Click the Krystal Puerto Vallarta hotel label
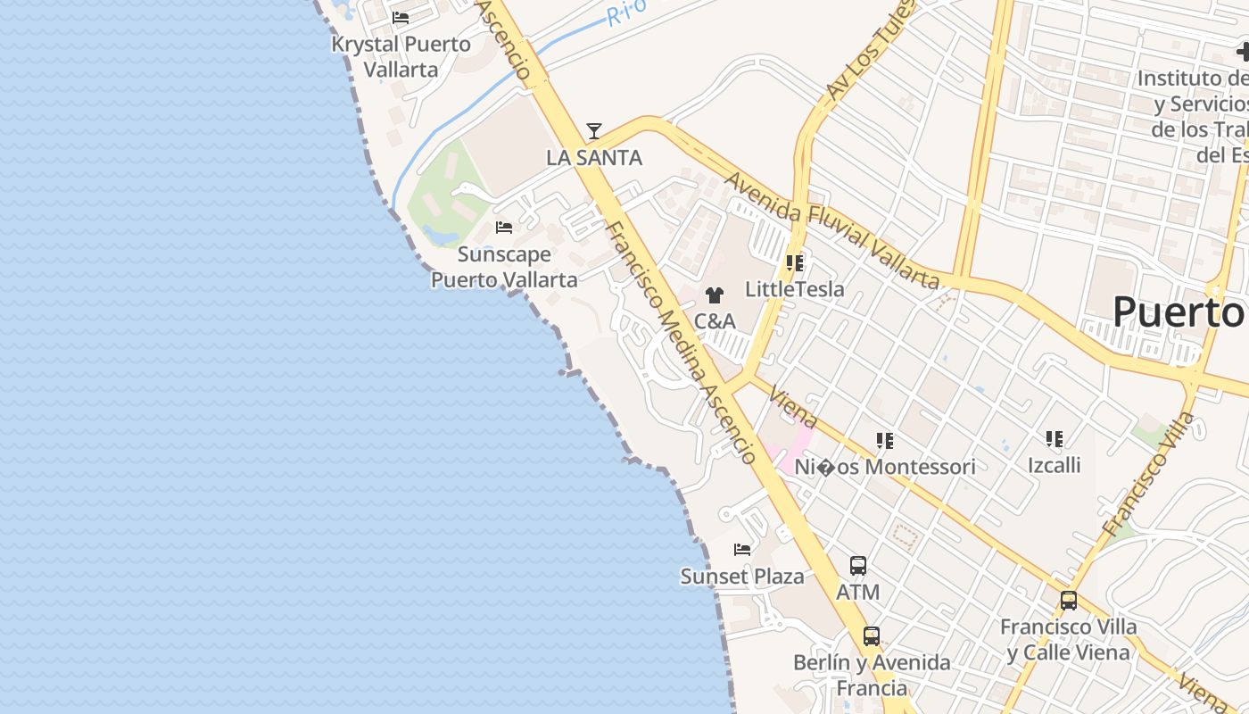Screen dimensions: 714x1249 coord(401,55)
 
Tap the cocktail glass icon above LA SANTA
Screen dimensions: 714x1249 coord(593,131)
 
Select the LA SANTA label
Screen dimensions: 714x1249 coord(593,158)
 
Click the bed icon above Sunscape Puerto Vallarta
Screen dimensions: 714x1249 coord(504,228)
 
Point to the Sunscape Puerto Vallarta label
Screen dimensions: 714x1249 coord(504,267)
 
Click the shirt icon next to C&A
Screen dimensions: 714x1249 coord(714,295)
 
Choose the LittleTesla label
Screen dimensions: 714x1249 coord(794,289)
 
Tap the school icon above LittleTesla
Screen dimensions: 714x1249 coord(794,263)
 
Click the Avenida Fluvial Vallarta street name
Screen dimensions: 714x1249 coord(831,231)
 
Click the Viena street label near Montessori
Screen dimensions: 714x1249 coord(792,407)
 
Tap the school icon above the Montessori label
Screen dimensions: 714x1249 coord(884,440)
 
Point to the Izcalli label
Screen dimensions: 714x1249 coord(1054,465)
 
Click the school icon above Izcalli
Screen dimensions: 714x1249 coord(1054,439)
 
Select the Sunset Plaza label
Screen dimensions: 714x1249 coord(742,577)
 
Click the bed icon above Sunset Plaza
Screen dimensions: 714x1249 coord(742,550)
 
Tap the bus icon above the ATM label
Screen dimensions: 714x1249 coord(857,566)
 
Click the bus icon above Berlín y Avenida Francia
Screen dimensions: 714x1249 coord(871,636)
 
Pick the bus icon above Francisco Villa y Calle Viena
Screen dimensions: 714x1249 coord(1068,601)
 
